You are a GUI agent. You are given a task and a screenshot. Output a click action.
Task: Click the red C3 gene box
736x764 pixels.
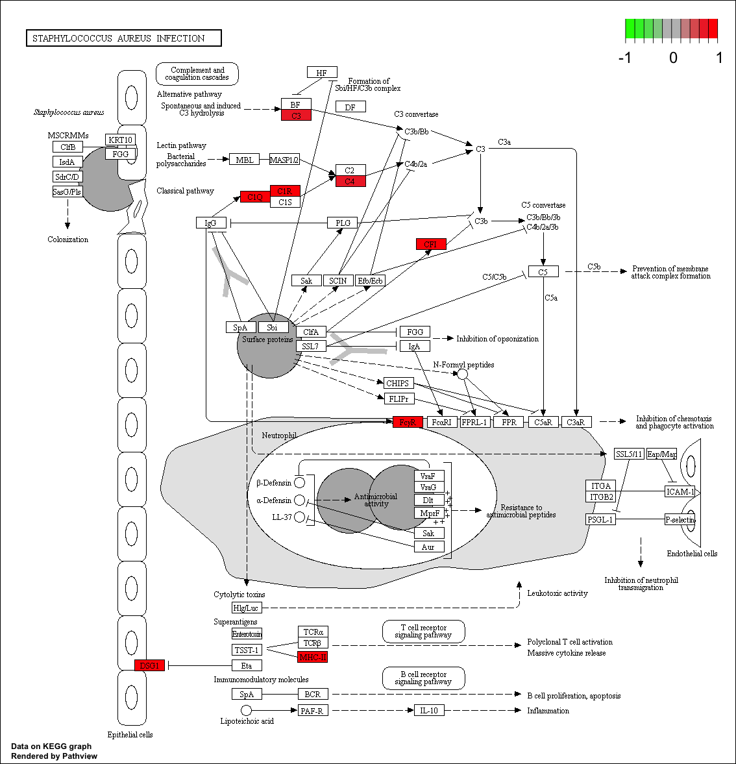click(x=296, y=116)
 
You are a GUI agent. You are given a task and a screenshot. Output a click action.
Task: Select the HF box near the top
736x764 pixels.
click(x=322, y=73)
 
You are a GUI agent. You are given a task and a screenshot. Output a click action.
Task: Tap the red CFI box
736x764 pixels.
click(x=430, y=244)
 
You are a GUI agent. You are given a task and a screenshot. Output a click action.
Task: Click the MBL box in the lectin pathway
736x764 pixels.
click(x=245, y=160)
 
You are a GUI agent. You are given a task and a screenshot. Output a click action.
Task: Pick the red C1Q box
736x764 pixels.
click(x=254, y=197)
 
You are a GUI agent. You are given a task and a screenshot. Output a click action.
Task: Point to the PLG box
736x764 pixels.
click(x=343, y=223)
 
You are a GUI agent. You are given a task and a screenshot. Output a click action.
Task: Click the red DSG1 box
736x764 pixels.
click(x=149, y=665)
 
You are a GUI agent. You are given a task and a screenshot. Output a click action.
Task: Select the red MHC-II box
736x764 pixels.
click(x=312, y=657)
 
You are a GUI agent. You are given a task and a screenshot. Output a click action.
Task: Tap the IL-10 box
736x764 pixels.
click(x=429, y=710)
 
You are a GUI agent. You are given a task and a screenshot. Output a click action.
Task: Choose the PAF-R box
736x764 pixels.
click(x=312, y=711)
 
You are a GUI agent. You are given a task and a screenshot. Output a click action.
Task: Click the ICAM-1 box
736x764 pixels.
click(x=680, y=491)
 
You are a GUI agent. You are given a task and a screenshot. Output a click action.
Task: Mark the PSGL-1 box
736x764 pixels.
click(x=600, y=519)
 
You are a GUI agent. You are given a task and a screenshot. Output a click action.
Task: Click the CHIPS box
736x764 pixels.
click(x=397, y=383)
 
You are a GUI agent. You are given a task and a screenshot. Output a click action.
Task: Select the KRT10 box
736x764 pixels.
click(x=121, y=140)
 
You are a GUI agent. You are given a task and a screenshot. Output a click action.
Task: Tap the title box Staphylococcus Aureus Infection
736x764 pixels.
click(x=123, y=38)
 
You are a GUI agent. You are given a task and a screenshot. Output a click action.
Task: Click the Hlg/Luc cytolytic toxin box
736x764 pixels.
click(x=246, y=608)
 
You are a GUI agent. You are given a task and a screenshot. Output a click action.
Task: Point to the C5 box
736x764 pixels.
click(x=543, y=272)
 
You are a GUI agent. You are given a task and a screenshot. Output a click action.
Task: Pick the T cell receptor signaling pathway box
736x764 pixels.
click(x=423, y=631)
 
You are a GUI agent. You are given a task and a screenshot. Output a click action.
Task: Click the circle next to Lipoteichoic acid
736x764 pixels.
click(x=246, y=711)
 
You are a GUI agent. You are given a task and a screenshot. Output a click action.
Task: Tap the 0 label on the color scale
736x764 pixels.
click(x=673, y=58)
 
